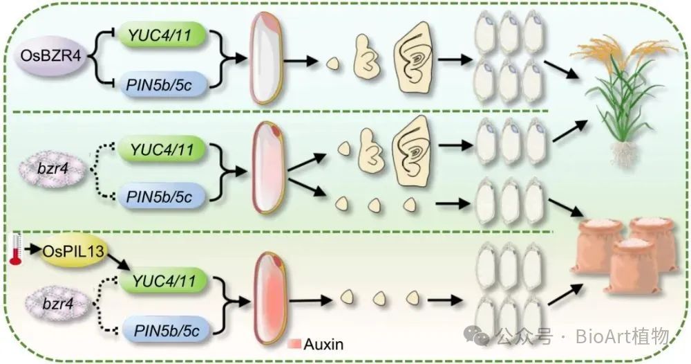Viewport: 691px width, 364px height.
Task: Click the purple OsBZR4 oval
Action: tap(50, 56)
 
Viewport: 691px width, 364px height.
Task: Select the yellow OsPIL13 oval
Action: tap(73, 251)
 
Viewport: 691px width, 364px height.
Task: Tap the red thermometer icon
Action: tap(16, 250)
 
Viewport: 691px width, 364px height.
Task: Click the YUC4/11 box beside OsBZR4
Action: tap(162, 35)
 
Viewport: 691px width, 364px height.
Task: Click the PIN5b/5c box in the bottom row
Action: tap(166, 329)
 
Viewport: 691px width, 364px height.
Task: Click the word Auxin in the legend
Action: tap(323, 344)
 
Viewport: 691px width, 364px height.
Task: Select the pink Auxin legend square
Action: tap(294, 344)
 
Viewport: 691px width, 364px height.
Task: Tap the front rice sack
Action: tap(633, 266)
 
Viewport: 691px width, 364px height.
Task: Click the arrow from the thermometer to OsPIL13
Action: tap(32, 250)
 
